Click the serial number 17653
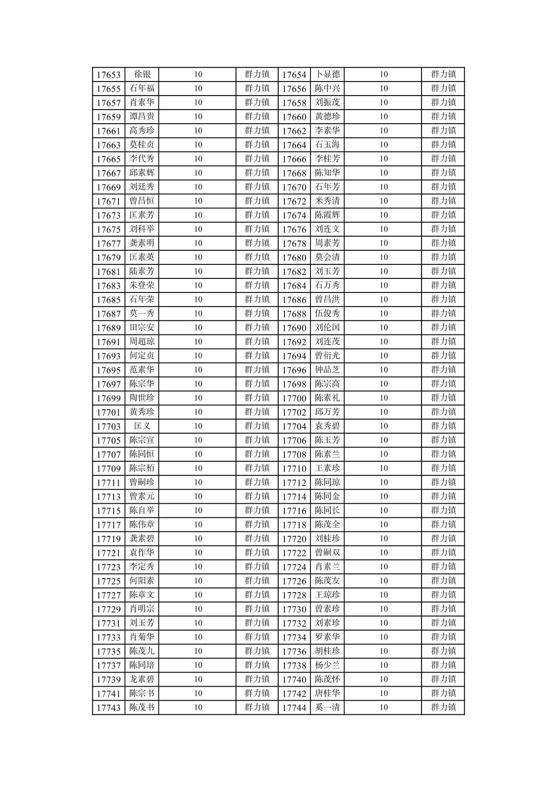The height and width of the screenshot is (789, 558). pos(108,75)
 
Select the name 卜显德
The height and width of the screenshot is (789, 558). pos(327,74)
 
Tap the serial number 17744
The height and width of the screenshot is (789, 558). pos(294,708)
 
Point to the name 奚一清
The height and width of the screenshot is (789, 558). pos(327,707)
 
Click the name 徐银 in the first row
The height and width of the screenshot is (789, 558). pos(142,74)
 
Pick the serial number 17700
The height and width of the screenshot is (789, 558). pos(294,398)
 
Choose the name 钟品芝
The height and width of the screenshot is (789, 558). pos(327,370)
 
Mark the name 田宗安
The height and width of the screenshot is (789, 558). pos(142,328)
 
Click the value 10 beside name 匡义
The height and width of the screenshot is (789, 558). pos(198,426)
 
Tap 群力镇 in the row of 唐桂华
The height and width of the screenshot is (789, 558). pos(443,693)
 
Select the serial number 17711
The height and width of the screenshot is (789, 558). pos(108,483)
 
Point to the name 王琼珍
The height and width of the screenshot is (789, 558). pos(327,595)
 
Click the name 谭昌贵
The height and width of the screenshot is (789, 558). pos(142,116)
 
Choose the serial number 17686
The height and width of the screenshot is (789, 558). pos(294,300)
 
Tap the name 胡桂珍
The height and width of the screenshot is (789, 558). pos(327,651)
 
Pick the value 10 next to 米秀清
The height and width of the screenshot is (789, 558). pos(383,201)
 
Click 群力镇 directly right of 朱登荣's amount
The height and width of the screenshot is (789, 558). pos(257,286)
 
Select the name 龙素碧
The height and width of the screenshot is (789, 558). pos(142,679)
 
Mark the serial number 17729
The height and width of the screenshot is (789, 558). pos(108,609)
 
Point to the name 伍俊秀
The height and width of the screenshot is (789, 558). pos(327,314)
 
